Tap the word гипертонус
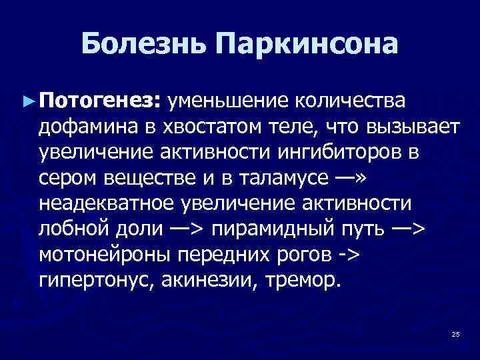[95, 279]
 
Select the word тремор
[300, 279]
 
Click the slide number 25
[456, 333]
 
